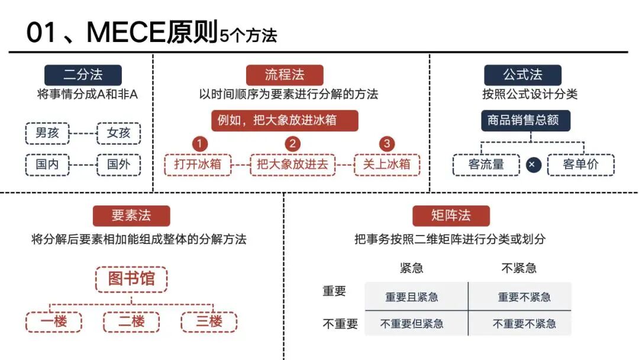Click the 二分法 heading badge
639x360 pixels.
point(83,75)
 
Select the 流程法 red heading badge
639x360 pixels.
point(285,75)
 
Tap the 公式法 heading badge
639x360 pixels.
point(522,75)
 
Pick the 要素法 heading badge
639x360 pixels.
point(131,216)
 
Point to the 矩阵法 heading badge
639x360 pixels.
point(451,216)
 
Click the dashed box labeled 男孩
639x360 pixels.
point(47,133)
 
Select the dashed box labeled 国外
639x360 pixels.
point(118,165)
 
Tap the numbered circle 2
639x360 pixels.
point(292,143)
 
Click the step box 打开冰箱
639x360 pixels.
point(198,165)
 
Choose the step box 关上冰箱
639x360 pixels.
point(387,165)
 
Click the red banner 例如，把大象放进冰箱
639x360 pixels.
point(285,120)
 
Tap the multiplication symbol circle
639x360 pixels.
point(533,165)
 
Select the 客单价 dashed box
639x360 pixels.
point(581,165)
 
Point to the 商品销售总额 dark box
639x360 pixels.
point(525,120)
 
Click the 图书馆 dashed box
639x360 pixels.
point(131,279)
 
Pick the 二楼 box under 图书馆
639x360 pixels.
point(131,322)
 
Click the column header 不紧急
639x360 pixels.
point(518,268)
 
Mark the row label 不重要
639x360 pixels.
point(340,324)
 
